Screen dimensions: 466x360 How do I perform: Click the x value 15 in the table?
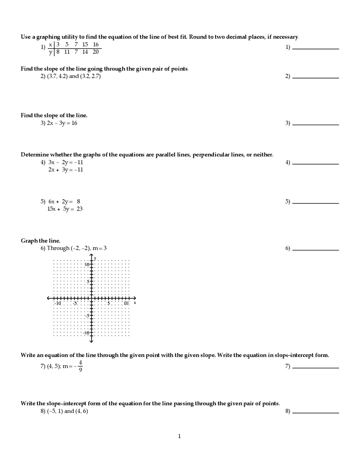click(x=85, y=44)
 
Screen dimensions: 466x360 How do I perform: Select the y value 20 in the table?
click(x=96, y=52)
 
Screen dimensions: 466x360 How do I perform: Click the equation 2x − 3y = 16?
click(x=62, y=123)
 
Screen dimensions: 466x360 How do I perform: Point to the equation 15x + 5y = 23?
click(x=65, y=209)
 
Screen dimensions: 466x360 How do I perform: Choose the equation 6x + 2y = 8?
click(x=64, y=201)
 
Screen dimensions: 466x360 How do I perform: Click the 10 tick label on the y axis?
click(x=87, y=265)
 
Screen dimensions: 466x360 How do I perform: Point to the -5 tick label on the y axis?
click(x=87, y=316)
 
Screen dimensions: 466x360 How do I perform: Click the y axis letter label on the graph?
click(x=95, y=258)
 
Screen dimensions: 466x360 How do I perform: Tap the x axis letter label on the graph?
click(x=135, y=303)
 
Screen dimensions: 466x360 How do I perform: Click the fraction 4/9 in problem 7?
click(x=80, y=366)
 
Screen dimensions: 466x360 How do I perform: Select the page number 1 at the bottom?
click(x=179, y=436)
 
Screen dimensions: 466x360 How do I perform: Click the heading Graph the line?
click(x=40, y=241)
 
